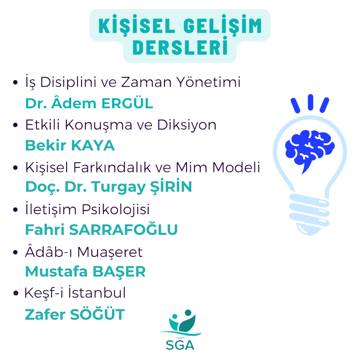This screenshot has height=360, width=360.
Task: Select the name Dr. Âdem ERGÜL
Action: [x=89, y=103]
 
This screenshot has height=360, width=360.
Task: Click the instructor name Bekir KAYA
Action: [x=70, y=145]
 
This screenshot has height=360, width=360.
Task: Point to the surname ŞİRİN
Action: [x=171, y=186]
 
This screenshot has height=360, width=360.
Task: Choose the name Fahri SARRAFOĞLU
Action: [x=101, y=229]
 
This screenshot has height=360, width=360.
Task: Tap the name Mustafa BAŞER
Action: [x=85, y=271]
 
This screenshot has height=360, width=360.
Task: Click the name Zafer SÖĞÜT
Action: [x=75, y=314]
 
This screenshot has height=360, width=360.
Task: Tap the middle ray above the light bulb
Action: [x=310, y=102]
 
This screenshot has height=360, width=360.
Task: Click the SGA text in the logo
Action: [x=180, y=345]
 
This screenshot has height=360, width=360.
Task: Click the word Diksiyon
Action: [x=187, y=125]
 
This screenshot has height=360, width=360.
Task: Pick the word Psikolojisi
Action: [x=116, y=210]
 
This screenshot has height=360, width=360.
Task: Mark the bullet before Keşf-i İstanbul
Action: [x=15, y=293]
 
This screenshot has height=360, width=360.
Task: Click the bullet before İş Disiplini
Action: [x=15, y=82]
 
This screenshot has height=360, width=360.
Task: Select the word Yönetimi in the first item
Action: [x=209, y=81]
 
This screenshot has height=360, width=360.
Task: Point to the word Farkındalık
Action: [x=112, y=167]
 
